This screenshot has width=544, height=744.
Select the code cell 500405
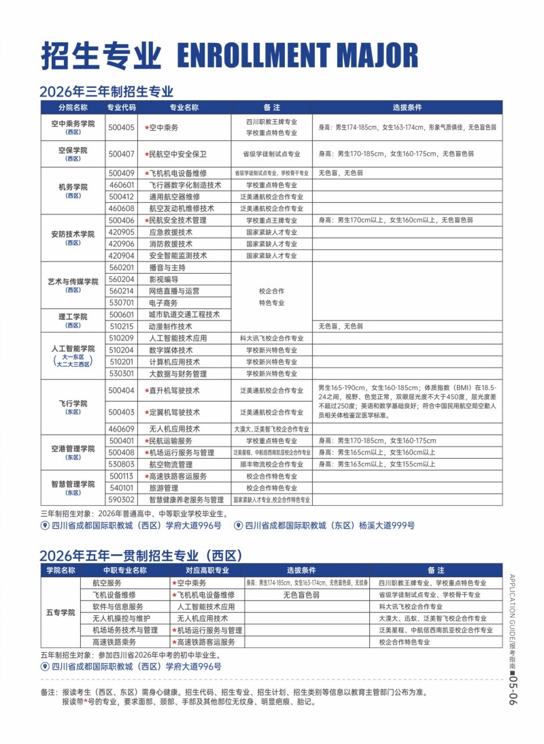click(x=122, y=127)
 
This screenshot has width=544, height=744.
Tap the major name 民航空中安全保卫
click(x=177, y=154)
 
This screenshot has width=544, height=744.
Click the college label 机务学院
click(x=73, y=187)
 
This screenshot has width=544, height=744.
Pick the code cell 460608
click(x=122, y=208)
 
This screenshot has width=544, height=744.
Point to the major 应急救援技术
click(x=171, y=232)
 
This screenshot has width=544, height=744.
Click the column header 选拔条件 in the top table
click(x=407, y=108)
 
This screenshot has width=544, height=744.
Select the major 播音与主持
click(x=167, y=268)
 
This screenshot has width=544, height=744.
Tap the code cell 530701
click(x=122, y=302)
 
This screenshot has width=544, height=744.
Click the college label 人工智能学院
click(x=73, y=349)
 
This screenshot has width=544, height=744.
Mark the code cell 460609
click(x=122, y=429)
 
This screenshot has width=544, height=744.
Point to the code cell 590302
click(x=122, y=500)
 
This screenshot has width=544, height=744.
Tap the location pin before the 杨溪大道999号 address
click(x=238, y=525)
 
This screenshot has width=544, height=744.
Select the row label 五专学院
click(x=61, y=613)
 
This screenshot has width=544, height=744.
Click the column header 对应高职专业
click(x=207, y=570)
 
